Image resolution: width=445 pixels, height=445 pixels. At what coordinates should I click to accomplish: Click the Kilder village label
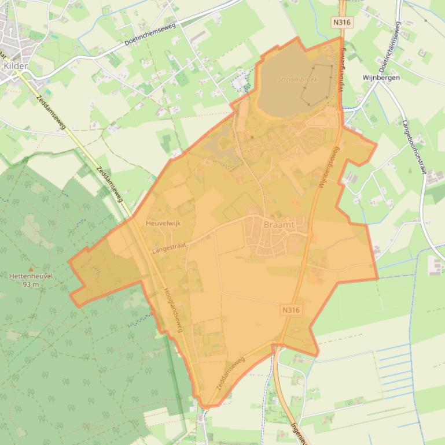click(x=15, y=66)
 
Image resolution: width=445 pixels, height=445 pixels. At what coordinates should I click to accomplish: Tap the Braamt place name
click(x=279, y=224)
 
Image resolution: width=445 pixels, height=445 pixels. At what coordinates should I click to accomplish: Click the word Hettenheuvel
click(x=31, y=276)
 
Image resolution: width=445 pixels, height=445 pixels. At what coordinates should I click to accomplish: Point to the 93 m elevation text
click(x=31, y=284)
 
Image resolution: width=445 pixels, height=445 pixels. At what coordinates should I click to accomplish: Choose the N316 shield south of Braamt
click(x=291, y=310)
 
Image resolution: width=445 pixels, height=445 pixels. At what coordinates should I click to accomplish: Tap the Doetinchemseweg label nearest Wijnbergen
click(x=390, y=47)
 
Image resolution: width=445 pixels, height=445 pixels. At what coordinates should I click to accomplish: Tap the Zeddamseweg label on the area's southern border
click(x=230, y=376)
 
